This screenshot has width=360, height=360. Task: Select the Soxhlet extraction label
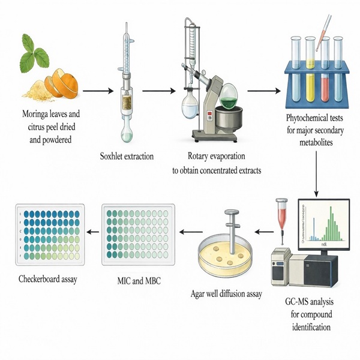click(127, 157)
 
